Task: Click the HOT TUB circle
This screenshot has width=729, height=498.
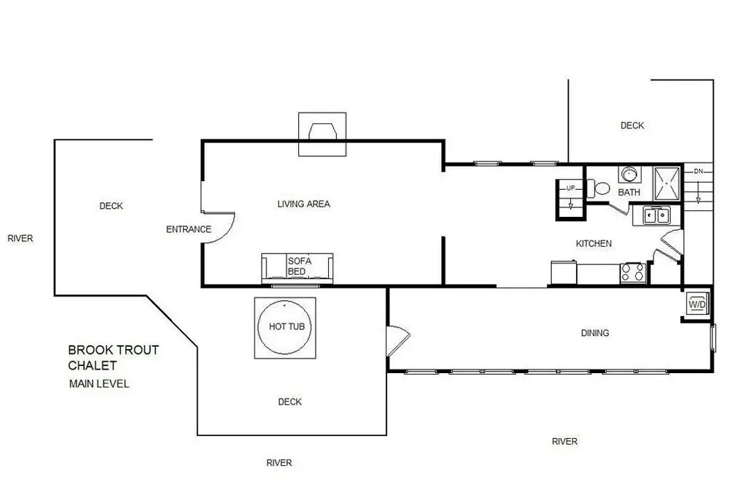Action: pyautogui.click(x=259, y=327)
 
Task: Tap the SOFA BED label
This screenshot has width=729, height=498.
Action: pyautogui.click(x=300, y=266)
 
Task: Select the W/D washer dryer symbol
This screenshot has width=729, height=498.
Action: pyautogui.click(x=698, y=304)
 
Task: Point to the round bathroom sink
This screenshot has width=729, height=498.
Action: pyautogui.click(x=630, y=175)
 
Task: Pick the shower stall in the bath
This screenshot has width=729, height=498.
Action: pyautogui.click(x=667, y=183)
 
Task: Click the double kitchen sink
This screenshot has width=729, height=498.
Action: pyautogui.click(x=656, y=215)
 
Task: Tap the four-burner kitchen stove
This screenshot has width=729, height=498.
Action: pyautogui.click(x=632, y=272)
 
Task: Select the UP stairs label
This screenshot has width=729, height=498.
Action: pyautogui.click(x=571, y=188)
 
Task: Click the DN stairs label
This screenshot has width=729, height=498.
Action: pyautogui.click(x=698, y=172)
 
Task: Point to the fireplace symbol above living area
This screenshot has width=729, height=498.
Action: pyautogui.click(x=322, y=134)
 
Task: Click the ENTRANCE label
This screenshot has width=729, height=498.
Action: pyautogui.click(x=189, y=229)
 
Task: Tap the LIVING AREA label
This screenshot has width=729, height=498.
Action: pyautogui.click(x=303, y=204)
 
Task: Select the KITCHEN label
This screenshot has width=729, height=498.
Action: pyautogui.click(x=593, y=244)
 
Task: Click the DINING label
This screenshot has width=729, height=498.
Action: pyautogui.click(x=595, y=333)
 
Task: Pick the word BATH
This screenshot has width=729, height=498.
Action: pyautogui.click(x=629, y=192)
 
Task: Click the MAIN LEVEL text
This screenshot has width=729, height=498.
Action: pyautogui.click(x=99, y=384)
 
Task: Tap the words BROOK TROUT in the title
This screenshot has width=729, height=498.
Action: pyautogui.click(x=114, y=350)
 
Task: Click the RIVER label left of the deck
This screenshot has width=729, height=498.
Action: pyautogui.click(x=20, y=239)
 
